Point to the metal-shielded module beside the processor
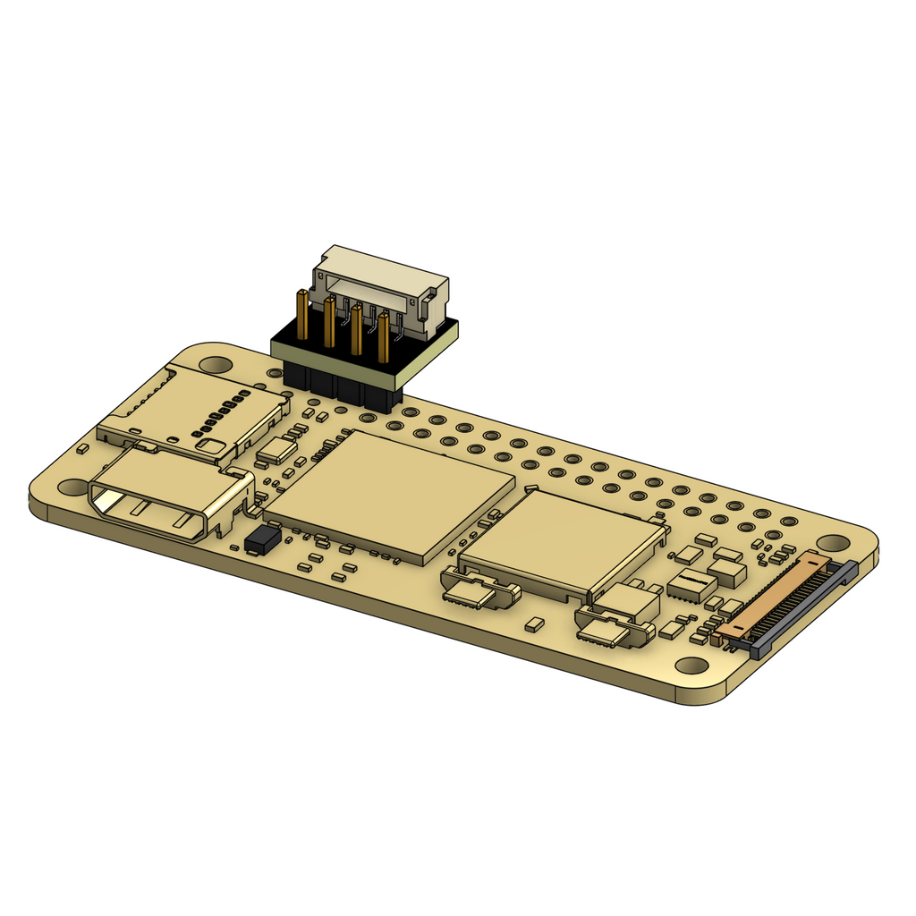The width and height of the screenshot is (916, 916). [x=564, y=542]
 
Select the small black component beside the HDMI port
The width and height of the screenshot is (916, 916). [x=262, y=539]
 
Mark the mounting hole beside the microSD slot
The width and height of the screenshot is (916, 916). [x=215, y=365]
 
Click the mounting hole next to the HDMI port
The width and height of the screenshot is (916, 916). [x=73, y=488]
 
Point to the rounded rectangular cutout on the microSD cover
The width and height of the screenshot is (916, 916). [x=212, y=444]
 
